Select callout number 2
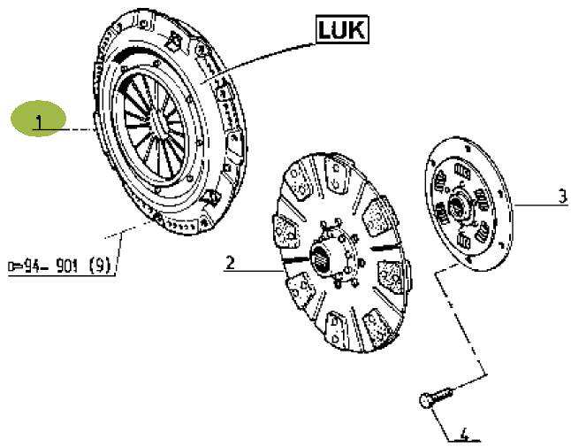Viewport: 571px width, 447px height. click(229, 262)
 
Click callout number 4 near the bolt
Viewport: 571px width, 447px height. click(465, 435)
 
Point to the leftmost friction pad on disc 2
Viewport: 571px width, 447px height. click(285, 234)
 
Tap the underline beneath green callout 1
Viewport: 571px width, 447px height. click(58, 132)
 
